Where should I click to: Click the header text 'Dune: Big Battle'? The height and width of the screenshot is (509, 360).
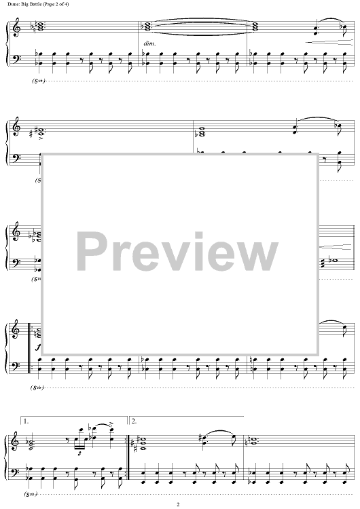pyautogui.click(x=24, y=4)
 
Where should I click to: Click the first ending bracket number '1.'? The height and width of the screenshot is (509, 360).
pyautogui.click(x=26, y=421)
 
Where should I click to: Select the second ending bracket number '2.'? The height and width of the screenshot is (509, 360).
pyautogui.click(x=134, y=421)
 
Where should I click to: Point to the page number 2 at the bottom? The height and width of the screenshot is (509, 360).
pyautogui.click(x=178, y=504)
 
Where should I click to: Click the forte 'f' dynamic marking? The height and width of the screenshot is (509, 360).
pyautogui.click(x=38, y=347)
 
